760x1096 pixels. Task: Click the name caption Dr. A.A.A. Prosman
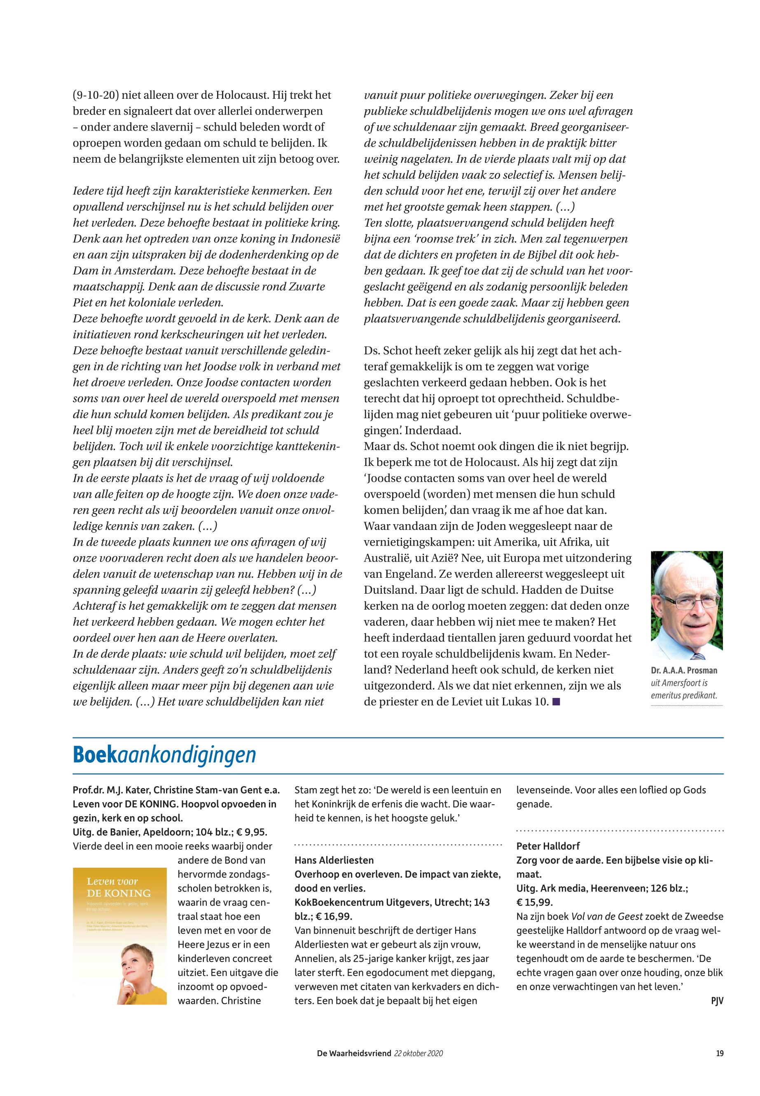tap(684, 670)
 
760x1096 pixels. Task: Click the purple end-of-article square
tap(556, 702)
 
